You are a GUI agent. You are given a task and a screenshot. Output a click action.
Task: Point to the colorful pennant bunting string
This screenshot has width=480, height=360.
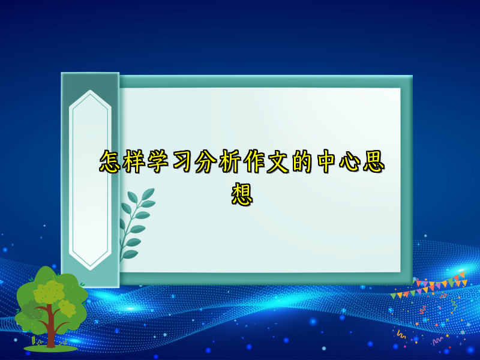click(x=429, y=287)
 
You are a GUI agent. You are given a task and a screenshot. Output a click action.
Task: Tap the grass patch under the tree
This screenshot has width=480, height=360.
click(x=50, y=347)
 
